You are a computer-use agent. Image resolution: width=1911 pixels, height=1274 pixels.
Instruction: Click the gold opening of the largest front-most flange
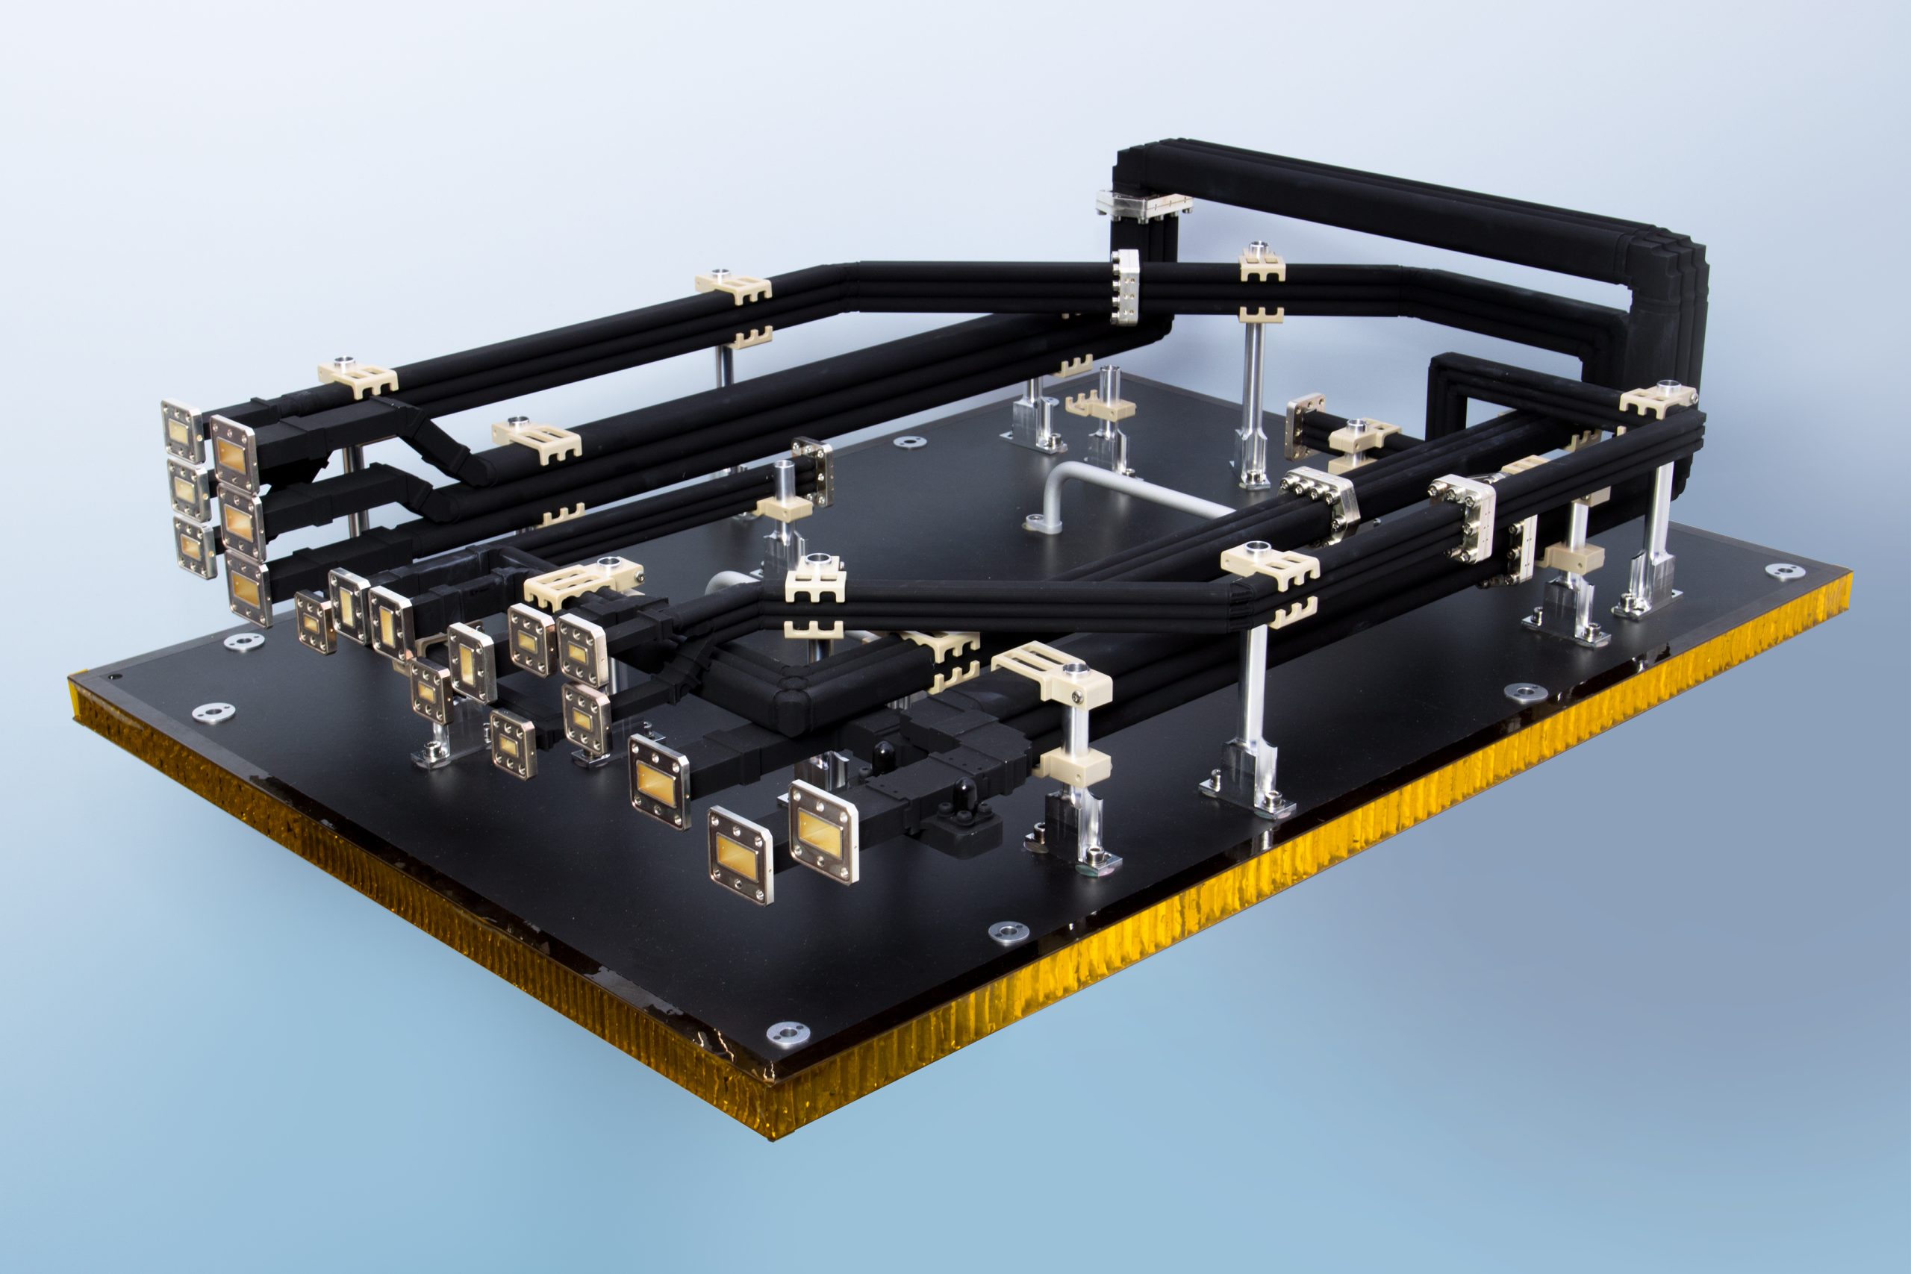(x=822, y=831)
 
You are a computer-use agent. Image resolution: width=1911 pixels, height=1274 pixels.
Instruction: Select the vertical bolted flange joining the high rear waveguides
(x=1125, y=286)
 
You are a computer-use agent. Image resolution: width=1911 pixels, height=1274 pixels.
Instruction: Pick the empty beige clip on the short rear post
(x=1102, y=405)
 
